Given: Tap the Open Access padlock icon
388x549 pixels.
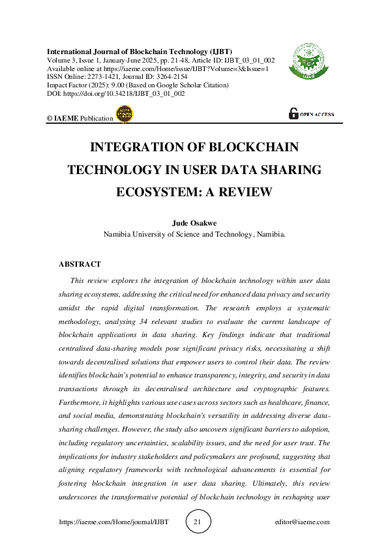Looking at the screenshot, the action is point(293,113).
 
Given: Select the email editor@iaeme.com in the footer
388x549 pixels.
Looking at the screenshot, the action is point(303,522).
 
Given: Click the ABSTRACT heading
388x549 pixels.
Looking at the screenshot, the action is point(80,264).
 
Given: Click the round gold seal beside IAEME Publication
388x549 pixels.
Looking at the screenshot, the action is point(123,115).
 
